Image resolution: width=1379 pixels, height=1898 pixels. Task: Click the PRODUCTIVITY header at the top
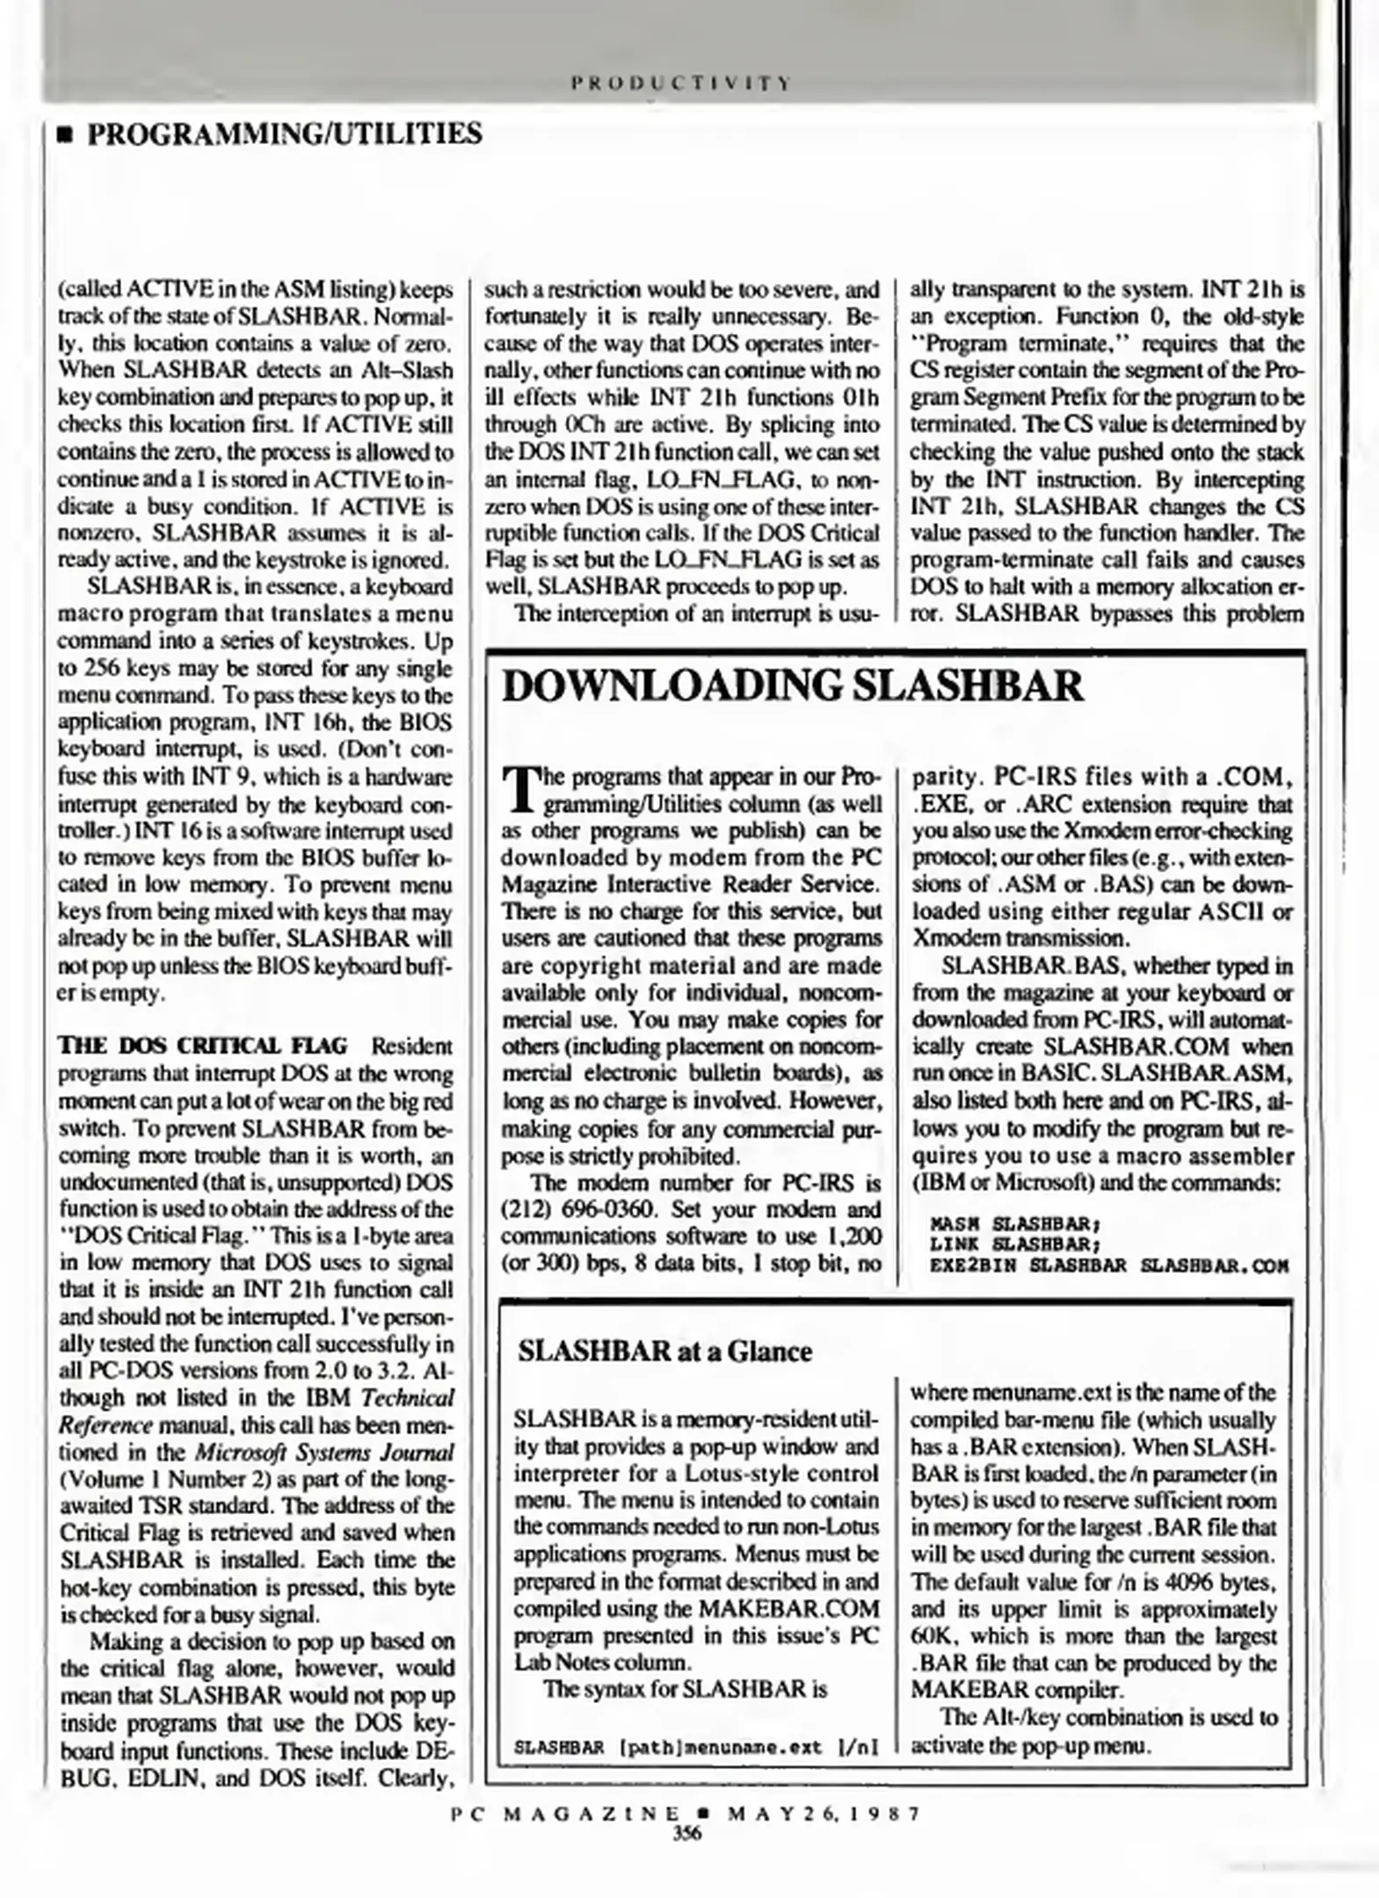point(681,84)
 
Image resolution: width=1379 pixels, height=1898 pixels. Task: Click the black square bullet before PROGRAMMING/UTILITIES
point(63,135)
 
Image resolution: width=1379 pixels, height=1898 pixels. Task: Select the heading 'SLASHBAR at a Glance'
point(664,1351)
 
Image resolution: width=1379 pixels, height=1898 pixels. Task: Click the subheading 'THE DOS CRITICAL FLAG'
point(202,1047)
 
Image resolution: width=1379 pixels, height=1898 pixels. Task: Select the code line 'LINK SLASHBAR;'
point(1015,1243)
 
